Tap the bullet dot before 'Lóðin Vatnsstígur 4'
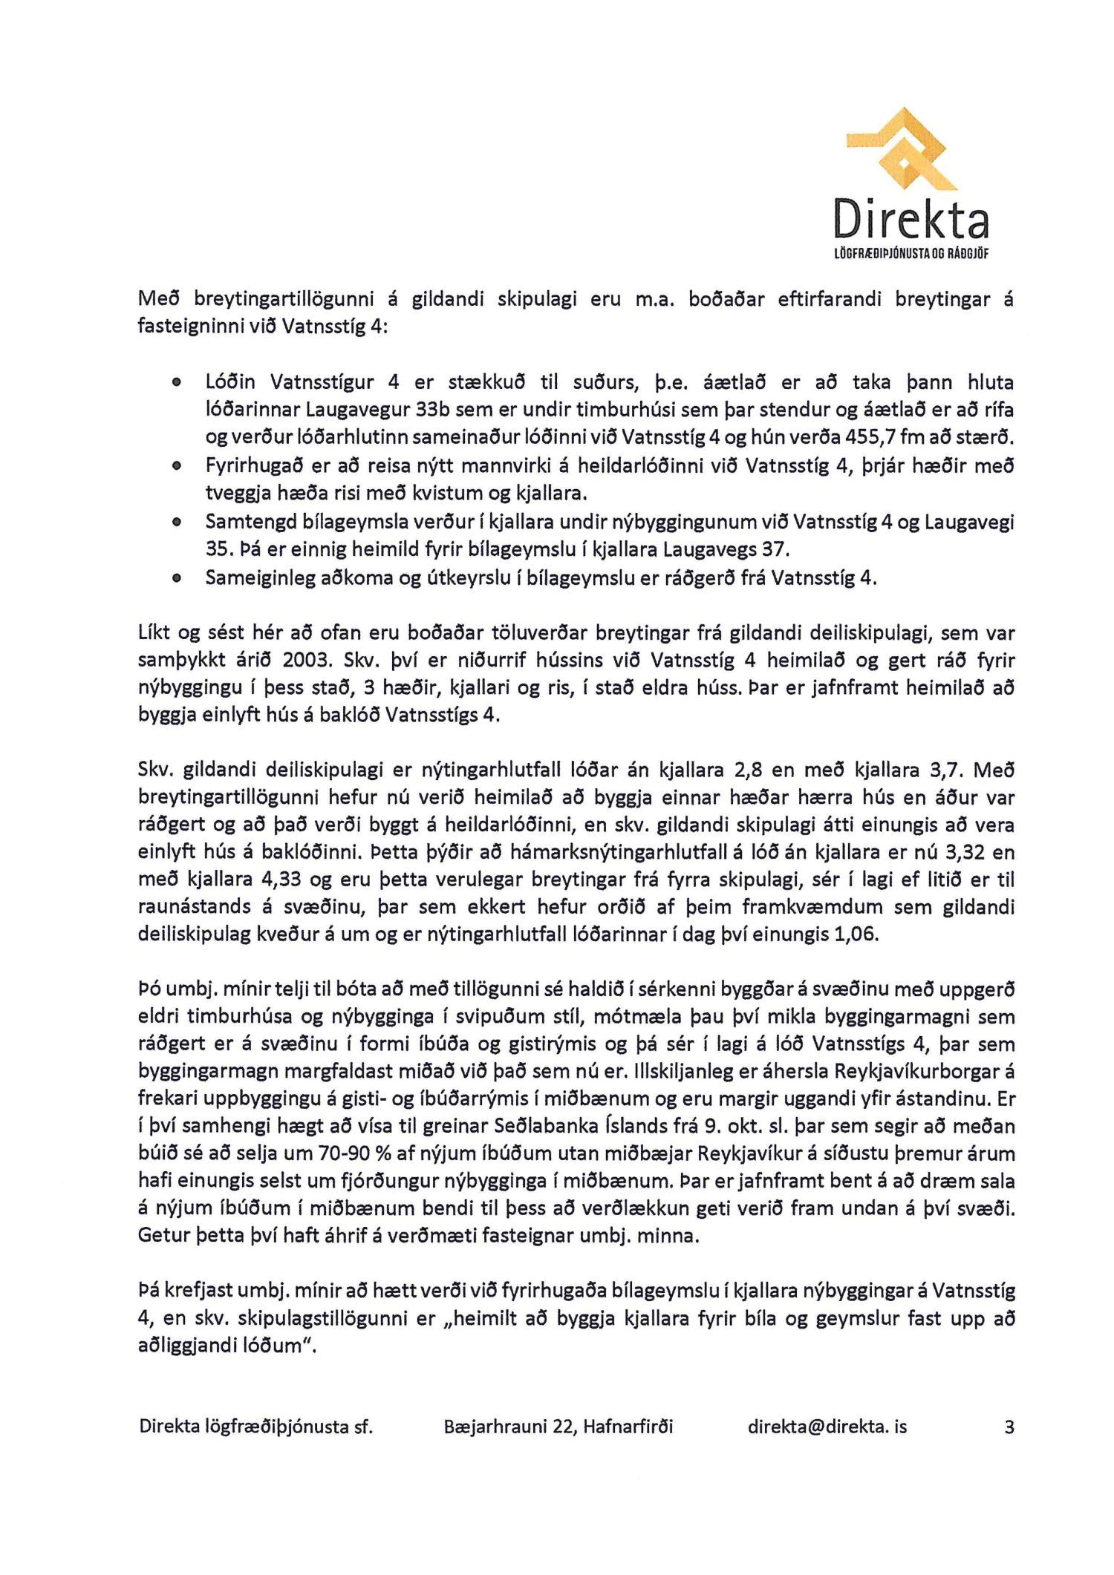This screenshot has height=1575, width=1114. coord(176,383)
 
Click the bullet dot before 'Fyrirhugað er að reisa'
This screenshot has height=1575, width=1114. coord(176,466)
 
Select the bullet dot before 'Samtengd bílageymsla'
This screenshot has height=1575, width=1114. coord(176,522)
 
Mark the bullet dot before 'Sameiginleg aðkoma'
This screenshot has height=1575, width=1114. coord(176,577)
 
